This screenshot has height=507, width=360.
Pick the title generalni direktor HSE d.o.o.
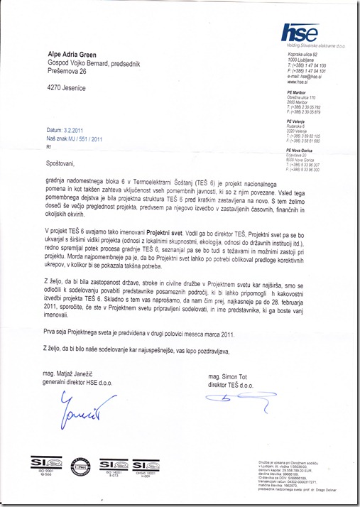click(80, 383)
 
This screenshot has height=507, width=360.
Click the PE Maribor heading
click(297, 89)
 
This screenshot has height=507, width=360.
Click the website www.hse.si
click(296, 80)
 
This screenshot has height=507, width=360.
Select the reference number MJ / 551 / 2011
click(86, 139)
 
